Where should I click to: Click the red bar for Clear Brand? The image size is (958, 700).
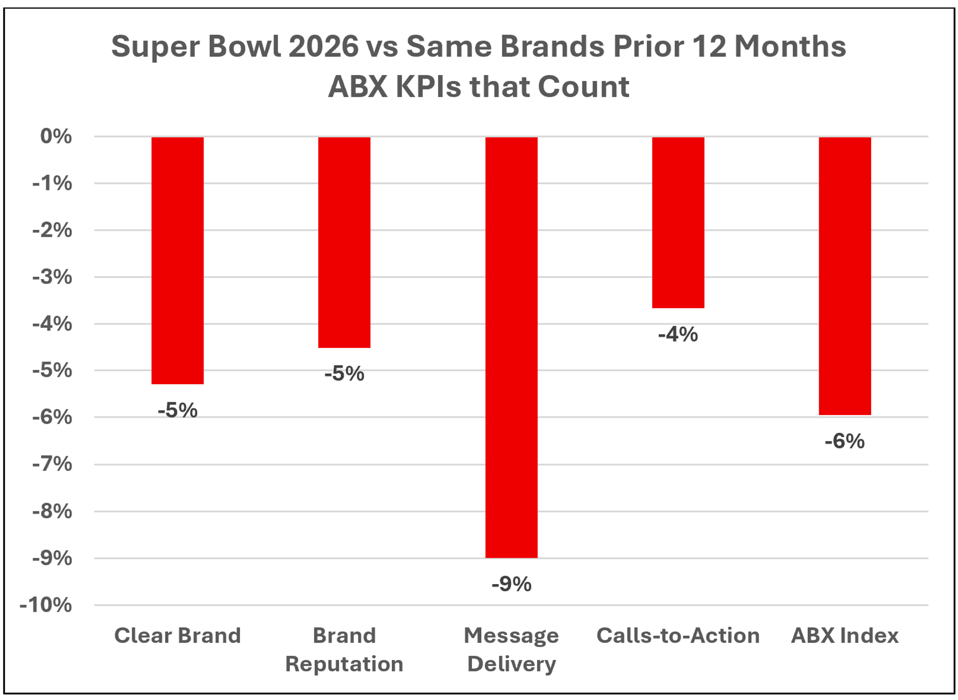point(178,260)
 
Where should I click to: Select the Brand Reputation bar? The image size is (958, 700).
point(344,242)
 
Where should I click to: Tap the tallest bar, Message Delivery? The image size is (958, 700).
point(511,347)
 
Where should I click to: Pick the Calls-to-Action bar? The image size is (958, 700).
point(678,222)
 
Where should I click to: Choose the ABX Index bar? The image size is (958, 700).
point(844,276)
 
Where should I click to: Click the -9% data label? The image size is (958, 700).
point(511,584)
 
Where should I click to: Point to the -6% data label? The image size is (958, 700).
point(844,441)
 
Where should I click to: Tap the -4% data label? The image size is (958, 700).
point(678,334)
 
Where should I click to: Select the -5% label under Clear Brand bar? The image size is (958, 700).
point(178,410)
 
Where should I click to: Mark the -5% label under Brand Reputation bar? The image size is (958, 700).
point(344,374)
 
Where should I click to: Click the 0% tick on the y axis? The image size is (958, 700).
point(56,136)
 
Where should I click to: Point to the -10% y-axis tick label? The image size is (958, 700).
point(46,605)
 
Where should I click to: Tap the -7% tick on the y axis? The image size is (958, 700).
point(52,464)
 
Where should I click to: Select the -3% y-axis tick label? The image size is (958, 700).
point(52,277)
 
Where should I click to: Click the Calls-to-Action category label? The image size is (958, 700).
point(678,636)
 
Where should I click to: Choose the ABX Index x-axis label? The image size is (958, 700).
point(844,636)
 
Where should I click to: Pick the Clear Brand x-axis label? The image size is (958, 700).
point(178,636)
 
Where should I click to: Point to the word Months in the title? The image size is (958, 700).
point(790,46)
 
